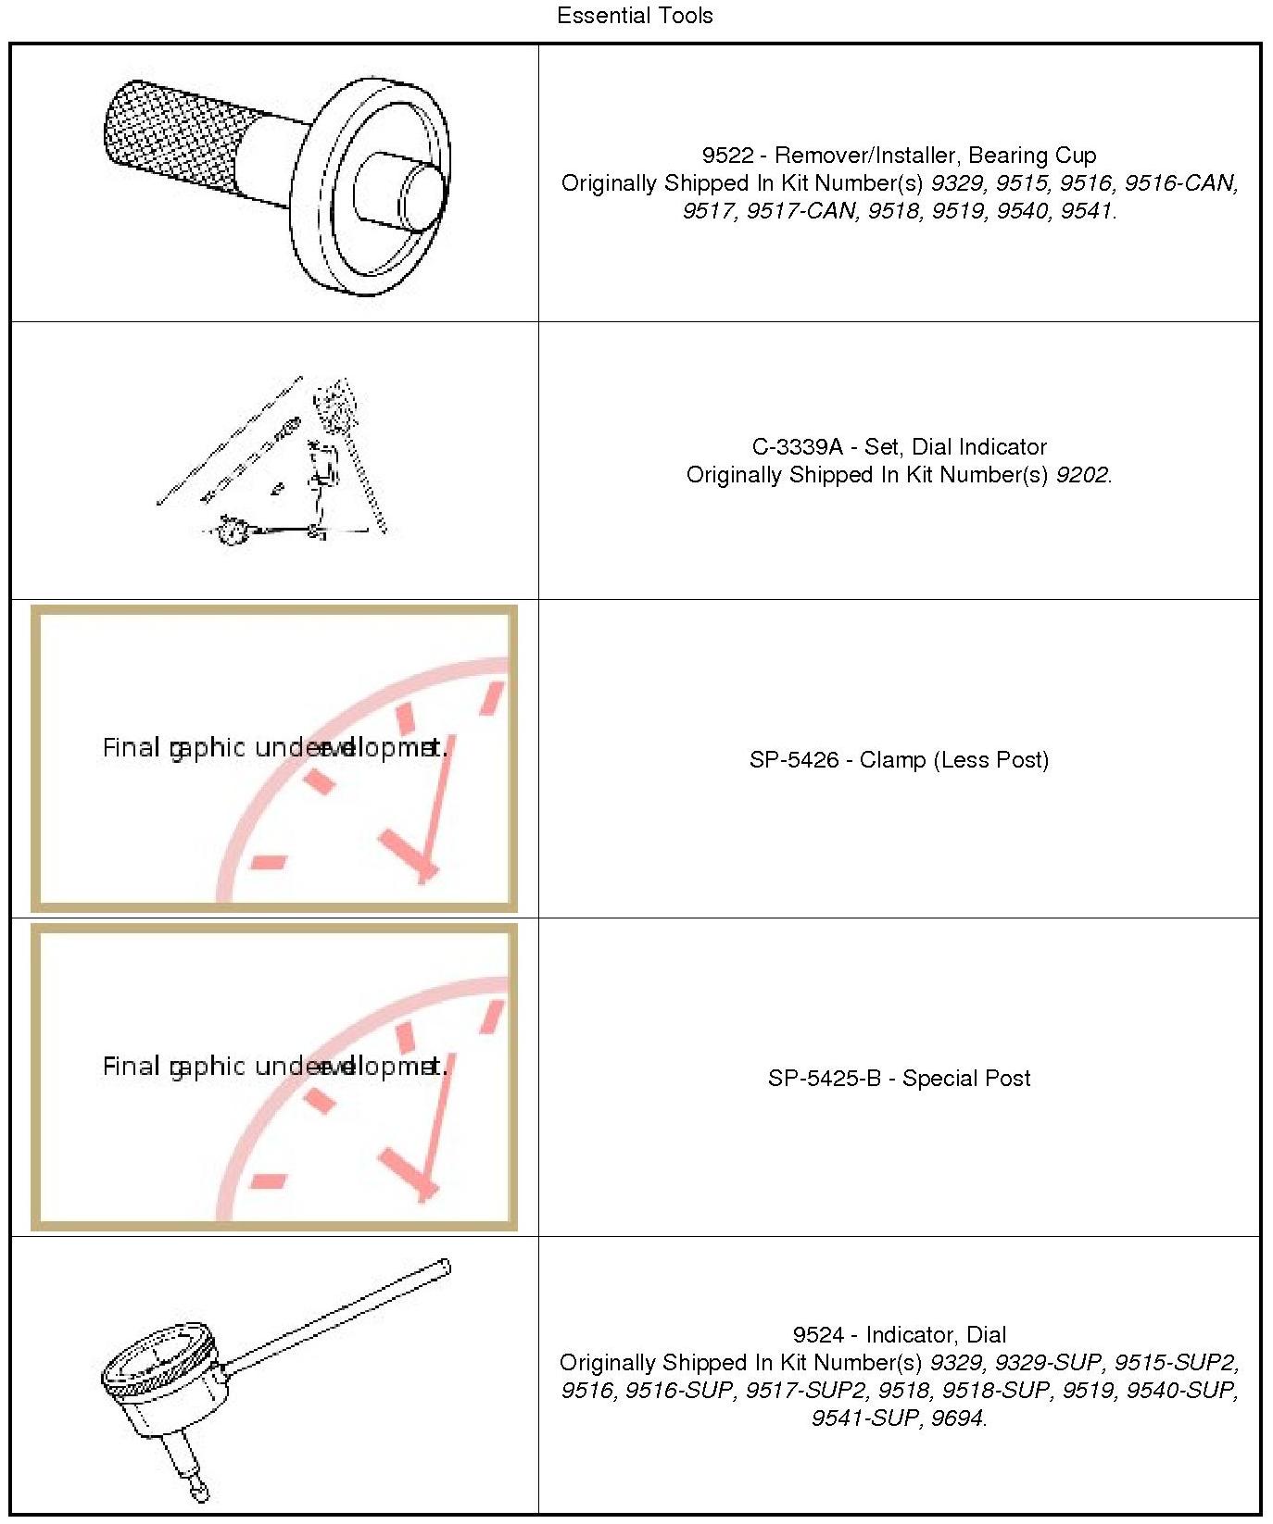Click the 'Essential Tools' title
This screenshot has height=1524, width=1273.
(635, 16)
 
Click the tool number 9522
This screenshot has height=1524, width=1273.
(727, 156)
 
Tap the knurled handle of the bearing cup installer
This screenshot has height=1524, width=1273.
(176, 134)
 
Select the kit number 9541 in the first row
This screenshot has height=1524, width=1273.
(1085, 211)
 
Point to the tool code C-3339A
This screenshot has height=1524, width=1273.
(797, 447)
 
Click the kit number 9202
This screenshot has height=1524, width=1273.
(1082, 475)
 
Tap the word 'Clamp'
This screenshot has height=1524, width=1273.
(892, 760)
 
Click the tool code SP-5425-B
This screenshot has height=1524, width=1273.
(824, 1079)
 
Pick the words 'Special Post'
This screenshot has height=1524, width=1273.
(966, 1079)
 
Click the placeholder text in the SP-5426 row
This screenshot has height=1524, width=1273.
(274, 748)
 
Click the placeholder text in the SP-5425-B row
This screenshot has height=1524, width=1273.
(274, 1067)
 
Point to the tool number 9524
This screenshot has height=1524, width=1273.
(818, 1335)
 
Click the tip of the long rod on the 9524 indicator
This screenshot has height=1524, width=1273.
(446, 1266)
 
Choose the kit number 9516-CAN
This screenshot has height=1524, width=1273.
(1180, 183)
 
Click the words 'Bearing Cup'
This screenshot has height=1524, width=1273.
(1031, 156)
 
